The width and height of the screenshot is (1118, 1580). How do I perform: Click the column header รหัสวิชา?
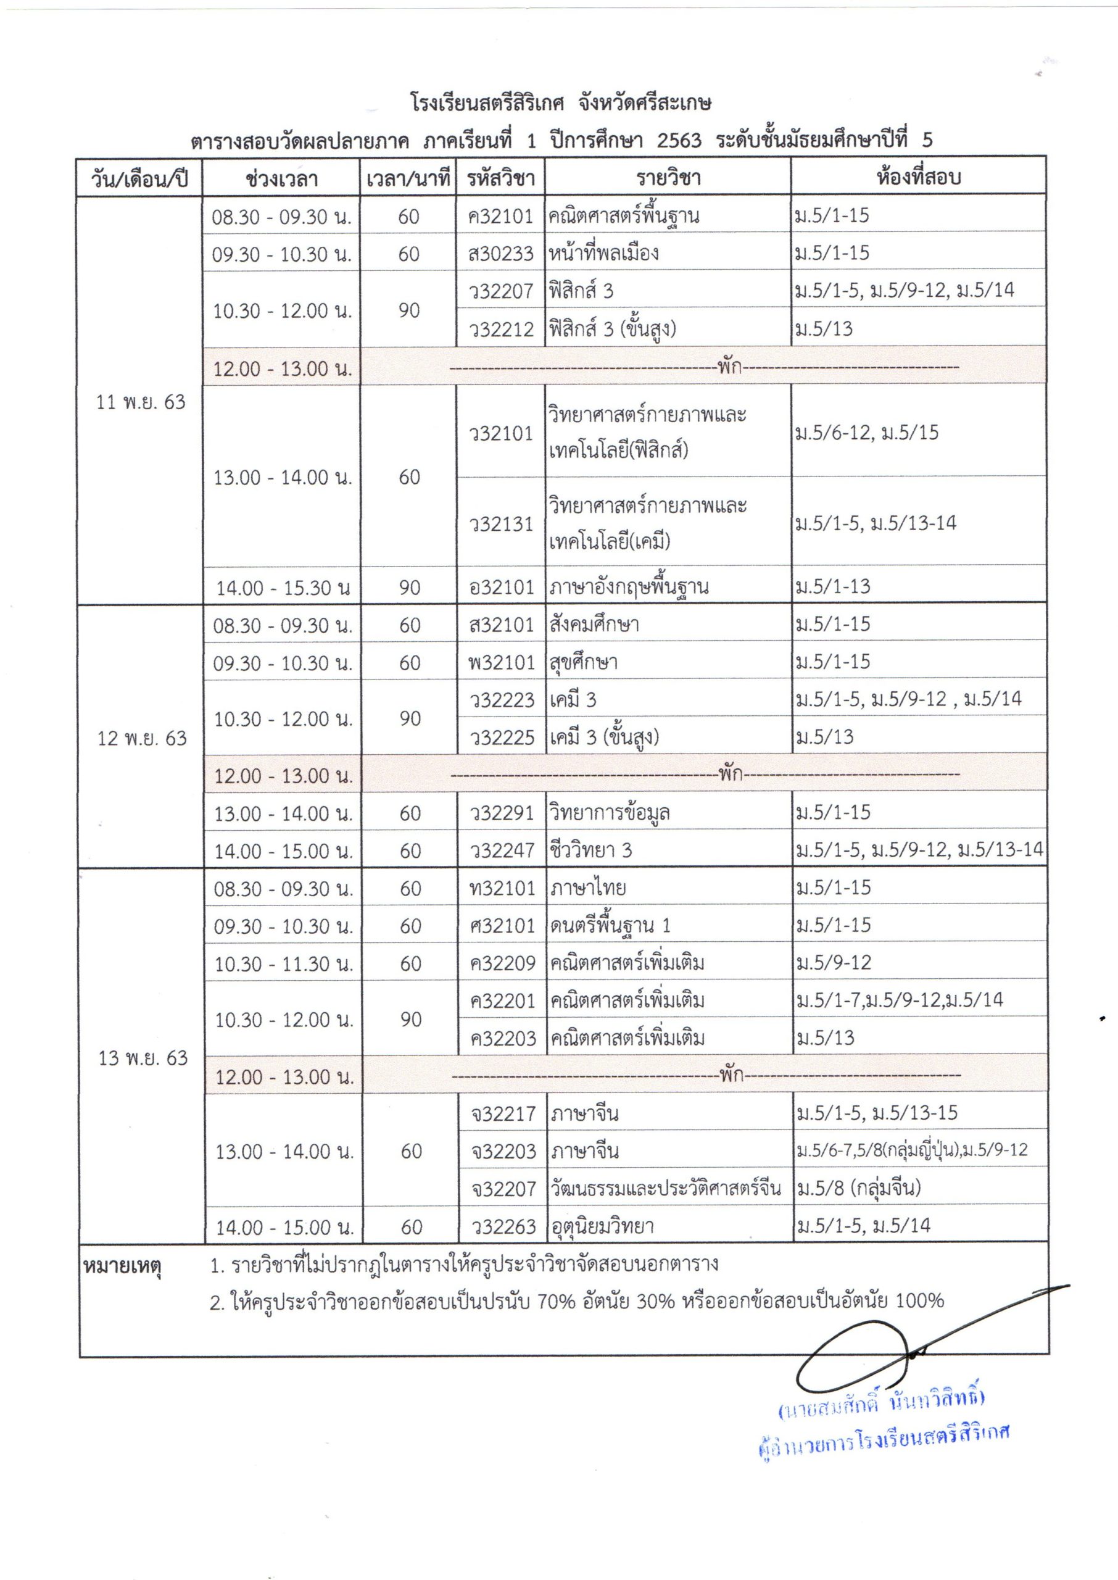click(500, 179)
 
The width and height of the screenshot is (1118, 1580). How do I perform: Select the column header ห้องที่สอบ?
click(917, 178)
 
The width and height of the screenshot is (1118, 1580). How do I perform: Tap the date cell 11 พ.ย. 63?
click(141, 402)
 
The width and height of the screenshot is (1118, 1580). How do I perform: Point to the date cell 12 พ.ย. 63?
click(142, 738)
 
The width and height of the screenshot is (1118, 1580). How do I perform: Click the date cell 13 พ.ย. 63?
click(143, 1057)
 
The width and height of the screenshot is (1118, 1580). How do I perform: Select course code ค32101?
click(500, 217)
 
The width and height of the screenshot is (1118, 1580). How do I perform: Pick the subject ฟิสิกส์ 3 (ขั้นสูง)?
click(612, 329)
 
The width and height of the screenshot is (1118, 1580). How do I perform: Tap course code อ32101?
click(501, 587)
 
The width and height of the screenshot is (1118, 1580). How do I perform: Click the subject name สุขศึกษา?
click(583, 662)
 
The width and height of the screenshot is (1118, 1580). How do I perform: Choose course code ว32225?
click(502, 738)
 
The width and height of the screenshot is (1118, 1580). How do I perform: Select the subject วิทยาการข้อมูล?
click(609, 813)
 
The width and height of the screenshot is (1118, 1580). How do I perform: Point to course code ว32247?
click(502, 851)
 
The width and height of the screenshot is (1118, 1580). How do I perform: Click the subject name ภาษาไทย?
click(588, 888)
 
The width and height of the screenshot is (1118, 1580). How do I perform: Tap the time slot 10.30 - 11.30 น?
click(284, 964)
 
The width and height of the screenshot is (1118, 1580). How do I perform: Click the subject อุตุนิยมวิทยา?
click(602, 1226)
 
